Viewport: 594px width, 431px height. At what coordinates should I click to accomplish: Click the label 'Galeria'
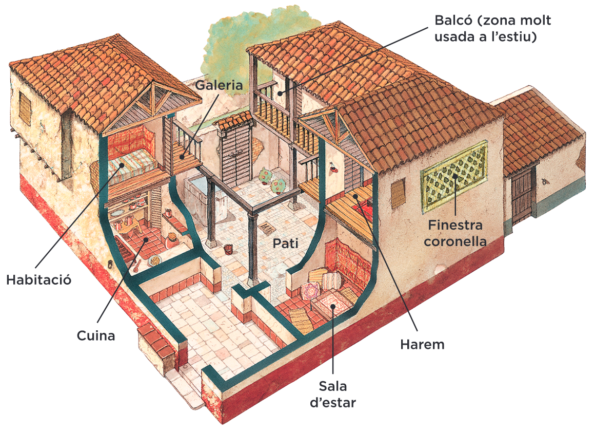(219, 85)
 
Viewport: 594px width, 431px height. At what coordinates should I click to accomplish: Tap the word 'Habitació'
(38, 280)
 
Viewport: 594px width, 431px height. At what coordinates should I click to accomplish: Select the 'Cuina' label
(96, 335)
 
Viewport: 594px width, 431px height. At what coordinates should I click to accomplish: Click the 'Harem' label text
(422, 344)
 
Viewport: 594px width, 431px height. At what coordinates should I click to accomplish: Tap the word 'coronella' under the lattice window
(455, 240)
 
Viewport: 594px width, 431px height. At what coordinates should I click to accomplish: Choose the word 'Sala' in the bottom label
(332, 386)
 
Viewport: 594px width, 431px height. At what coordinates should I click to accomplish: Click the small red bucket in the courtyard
(228, 249)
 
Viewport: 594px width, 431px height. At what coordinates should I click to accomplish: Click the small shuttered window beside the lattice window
(398, 194)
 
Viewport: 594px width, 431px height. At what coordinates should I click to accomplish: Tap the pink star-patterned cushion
(310, 291)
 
